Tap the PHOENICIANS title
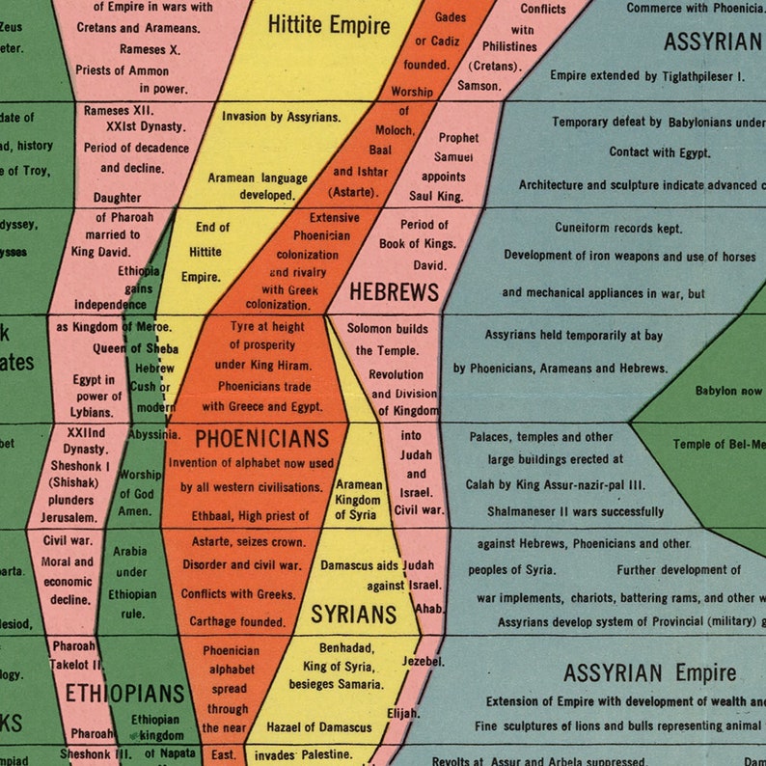[262, 439]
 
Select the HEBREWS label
[394, 291]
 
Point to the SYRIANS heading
[354, 614]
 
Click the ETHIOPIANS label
[124, 693]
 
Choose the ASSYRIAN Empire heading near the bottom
[650, 672]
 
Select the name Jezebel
[424, 661]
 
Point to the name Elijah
[404, 713]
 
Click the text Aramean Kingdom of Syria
[359, 500]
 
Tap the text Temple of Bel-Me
[718, 444]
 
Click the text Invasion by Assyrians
[281, 117]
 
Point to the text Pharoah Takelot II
[77, 655]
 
